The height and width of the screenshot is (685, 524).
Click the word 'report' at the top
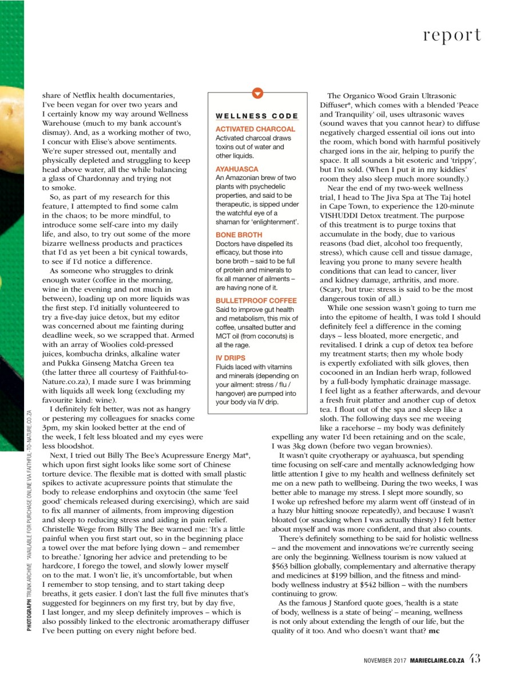[x=451, y=35]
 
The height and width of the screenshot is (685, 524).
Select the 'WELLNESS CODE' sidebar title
[x=257, y=116]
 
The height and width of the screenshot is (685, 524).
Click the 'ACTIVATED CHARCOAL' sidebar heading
[x=255, y=129]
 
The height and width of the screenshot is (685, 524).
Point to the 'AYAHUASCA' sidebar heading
[x=237, y=169]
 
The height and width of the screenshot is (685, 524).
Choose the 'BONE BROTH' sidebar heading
[x=239, y=235]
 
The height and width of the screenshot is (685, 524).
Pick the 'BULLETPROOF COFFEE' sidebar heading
[x=256, y=301]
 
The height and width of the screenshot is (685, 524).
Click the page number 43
[x=475, y=658]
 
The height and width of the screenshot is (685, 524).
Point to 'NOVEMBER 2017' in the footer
[x=385, y=660]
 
